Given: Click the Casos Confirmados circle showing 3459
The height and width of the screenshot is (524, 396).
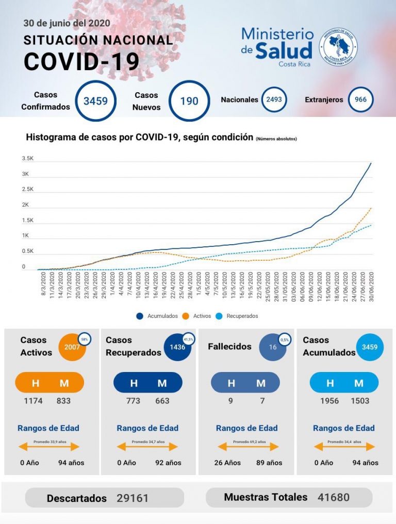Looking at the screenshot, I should pyautogui.click(x=95, y=100).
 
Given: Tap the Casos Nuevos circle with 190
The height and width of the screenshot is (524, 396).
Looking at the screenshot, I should pyautogui.click(x=189, y=100).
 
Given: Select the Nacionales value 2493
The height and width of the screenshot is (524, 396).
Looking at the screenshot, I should pyautogui.click(x=274, y=99).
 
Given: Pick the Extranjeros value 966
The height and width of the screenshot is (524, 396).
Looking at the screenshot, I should pyautogui.click(x=360, y=99).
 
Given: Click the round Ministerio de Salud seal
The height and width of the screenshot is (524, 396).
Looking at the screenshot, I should pyautogui.click(x=338, y=47).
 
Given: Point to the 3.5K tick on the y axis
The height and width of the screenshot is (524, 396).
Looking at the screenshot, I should pyautogui.click(x=27, y=159).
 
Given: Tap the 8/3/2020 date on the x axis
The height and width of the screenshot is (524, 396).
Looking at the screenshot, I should pyautogui.click(x=44, y=285).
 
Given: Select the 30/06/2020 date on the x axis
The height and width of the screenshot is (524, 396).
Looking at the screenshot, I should pyautogui.click(x=371, y=288).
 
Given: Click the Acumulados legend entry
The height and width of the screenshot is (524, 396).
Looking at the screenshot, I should pyautogui.click(x=158, y=316).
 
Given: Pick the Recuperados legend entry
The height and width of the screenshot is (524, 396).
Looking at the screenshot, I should pyautogui.click(x=238, y=316).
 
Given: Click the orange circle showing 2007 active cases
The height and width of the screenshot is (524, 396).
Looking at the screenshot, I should pyautogui.click(x=72, y=347).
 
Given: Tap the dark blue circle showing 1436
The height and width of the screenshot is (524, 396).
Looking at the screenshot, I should pyautogui.click(x=177, y=347).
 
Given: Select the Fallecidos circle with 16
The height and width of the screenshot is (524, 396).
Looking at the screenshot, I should pyautogui.click(x=273, y=347).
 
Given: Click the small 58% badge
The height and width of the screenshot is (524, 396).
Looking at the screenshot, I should pyautogui.click(x=84, y=339).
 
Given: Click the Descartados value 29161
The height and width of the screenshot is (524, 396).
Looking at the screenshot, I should pyautogui.click(x=133, y=498).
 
